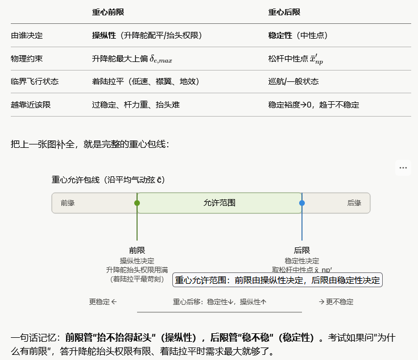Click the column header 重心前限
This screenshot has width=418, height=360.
coord(108,13)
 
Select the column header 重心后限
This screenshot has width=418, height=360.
coord(284,13)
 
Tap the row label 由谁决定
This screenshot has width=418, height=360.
coord(27,35)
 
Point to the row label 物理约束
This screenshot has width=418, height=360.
coord(27,59)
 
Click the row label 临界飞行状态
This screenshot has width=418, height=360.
coord(35,81)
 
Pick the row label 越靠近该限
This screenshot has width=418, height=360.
coord(31,105)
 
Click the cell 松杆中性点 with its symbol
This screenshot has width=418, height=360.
coord(296,59)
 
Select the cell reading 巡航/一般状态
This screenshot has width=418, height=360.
coord(293,81)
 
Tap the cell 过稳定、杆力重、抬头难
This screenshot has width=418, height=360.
coord(136,105)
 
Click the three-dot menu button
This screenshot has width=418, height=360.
coord(403,168)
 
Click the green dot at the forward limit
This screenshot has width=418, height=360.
coord(137,203)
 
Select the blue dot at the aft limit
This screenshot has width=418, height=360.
coord(302,203)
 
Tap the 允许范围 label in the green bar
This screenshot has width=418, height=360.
coord(220,203)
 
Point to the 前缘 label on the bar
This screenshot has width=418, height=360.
coord(68,203)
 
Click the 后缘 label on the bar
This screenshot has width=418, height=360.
coord(354,203)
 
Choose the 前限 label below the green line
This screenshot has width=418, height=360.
coord(137,250)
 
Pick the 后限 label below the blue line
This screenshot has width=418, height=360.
coord(302,250)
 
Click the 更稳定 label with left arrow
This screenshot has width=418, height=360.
coord(103,302)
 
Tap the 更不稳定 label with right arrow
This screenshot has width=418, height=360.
coord(336,302)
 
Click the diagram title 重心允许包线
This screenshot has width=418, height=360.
coord(108,180)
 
